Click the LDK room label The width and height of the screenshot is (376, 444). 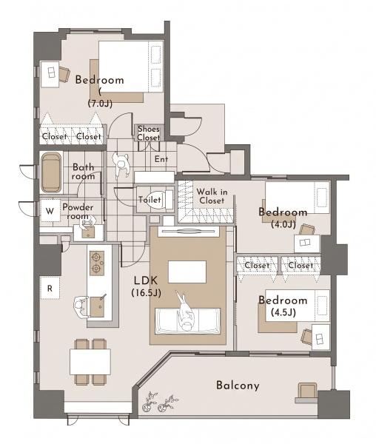click(x=146, y=280)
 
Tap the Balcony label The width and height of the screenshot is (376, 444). click(x=238, y=386)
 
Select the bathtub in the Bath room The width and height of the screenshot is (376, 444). click(x=51, y=172)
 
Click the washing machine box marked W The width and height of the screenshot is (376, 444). click(x=50, y=211)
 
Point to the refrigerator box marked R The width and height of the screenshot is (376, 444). click(x=50, y=288)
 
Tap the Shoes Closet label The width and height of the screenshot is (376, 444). click(x=149, y=133)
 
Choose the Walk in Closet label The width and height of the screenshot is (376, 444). click(x=212, y=196)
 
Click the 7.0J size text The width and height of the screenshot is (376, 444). click(x=100, y=104)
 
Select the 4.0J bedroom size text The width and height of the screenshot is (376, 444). click(x=283, y=224)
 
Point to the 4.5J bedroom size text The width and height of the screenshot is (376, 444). click(x=283, y=312)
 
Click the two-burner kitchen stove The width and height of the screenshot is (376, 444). click(x=96, y=263)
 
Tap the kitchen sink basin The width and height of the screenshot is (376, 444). click(x=97, y=306)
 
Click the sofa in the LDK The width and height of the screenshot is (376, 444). click(x=188, y=321)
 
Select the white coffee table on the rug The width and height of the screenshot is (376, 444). click(x=187, y=272)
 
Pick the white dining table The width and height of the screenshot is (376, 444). click(x=90, y=362)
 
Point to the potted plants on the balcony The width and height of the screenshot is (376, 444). click(x=160, y=402)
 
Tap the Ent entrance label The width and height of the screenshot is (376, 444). click(x=161, y=159)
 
